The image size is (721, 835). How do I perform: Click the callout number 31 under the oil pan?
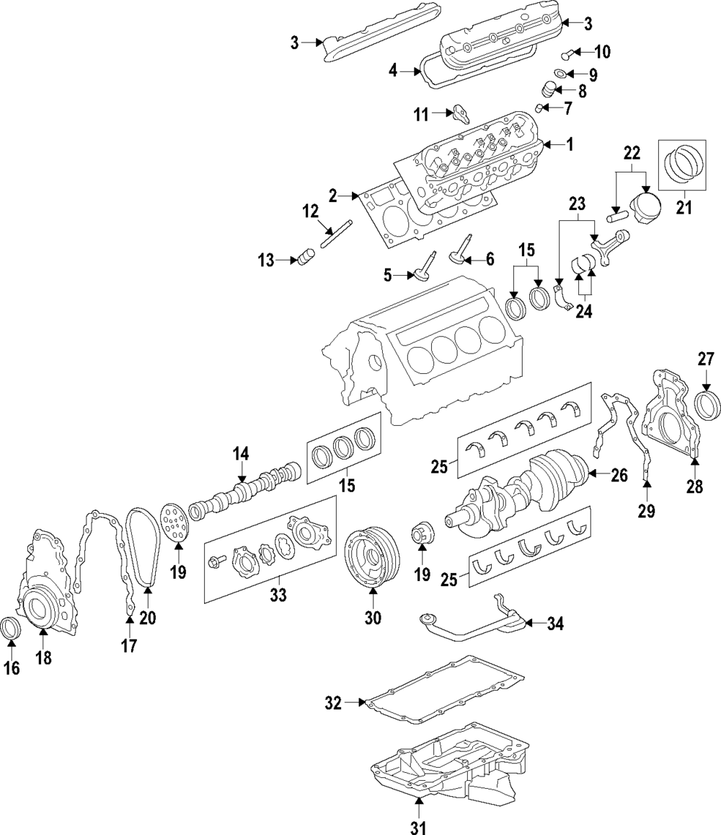pos(419,826)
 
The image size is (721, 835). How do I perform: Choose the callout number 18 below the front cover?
pos(44,657)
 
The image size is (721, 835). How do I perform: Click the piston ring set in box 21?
pos(684,165)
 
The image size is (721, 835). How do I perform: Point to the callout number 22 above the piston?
pos(632,154)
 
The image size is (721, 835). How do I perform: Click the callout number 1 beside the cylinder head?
pos(569,144)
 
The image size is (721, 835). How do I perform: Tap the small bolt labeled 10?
pos(567,53)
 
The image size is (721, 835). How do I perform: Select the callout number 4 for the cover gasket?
pos(393,70)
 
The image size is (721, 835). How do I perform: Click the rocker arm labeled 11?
pos(459,113)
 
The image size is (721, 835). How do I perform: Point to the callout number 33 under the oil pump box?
pos(278,594)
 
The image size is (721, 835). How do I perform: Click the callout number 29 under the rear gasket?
pos(647,511)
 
